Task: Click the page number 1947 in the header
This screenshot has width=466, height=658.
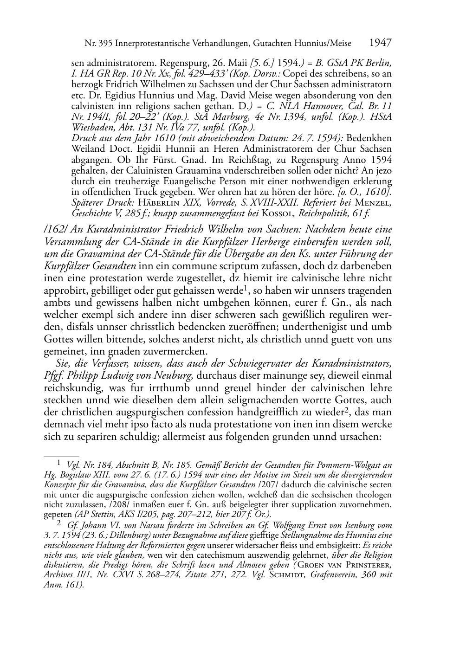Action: (x=380, y=43)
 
